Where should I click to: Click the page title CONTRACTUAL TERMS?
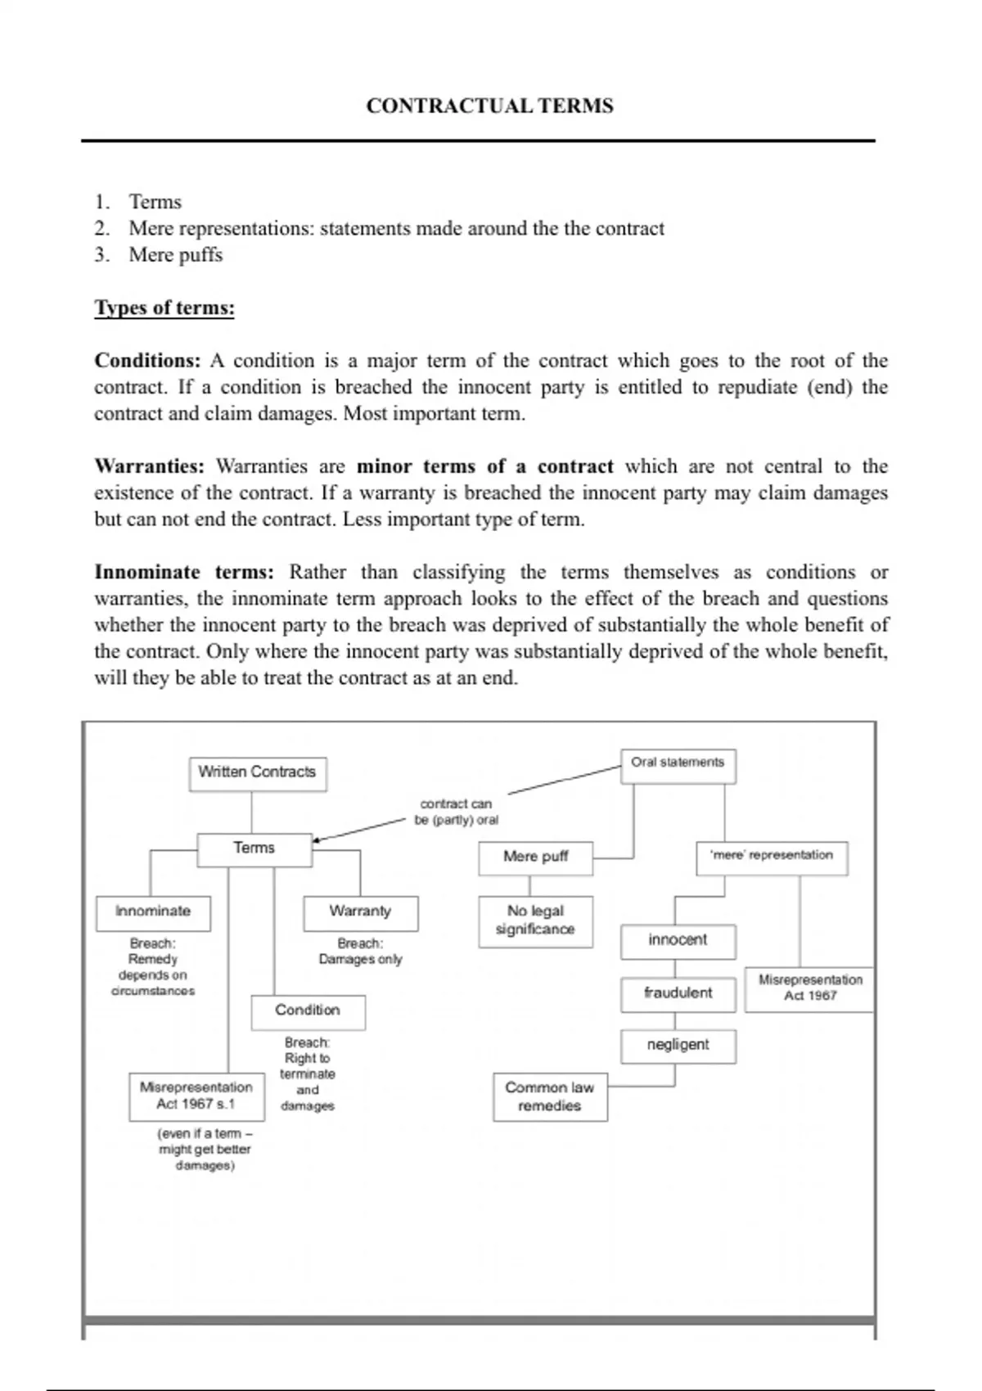489,106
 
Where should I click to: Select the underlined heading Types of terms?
164,308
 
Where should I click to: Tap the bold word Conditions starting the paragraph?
147,361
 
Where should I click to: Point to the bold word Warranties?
149,466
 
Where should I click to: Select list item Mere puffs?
175,255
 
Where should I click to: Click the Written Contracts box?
257,772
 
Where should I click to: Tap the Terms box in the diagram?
254,849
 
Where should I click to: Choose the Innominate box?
153,912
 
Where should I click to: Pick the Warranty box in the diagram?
360,912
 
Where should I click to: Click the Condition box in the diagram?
308,1011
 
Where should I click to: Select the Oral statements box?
678,764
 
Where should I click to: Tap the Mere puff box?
535,858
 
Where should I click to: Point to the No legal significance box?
535,921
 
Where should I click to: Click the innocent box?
678,941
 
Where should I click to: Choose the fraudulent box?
678,993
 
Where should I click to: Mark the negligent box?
678,1046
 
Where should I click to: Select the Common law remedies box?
550,1097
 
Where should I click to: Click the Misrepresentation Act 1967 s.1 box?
196,1096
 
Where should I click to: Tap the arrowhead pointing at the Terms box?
318,839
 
